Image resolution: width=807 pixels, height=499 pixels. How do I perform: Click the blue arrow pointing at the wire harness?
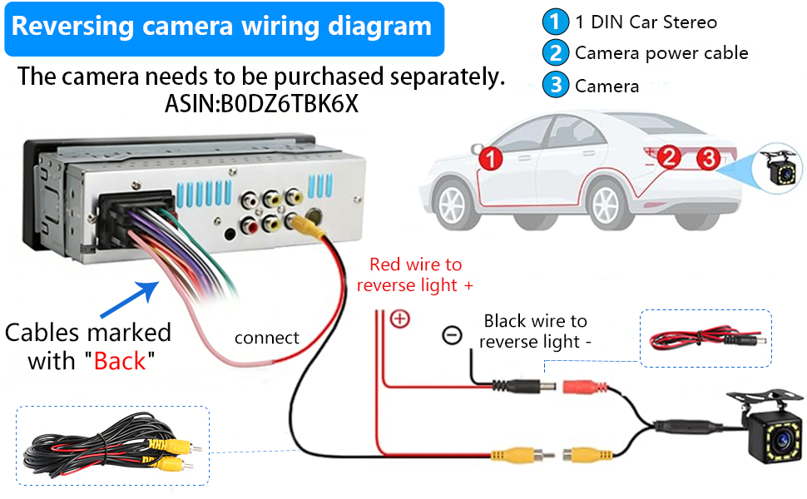tap(130, 299)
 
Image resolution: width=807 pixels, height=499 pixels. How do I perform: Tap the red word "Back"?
tap(120, 361)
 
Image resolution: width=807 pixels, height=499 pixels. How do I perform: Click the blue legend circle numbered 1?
tap(555, 22)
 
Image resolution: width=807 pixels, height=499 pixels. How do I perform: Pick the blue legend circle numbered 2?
tap(555, 53)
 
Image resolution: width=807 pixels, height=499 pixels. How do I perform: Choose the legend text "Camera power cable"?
tap(661, 53)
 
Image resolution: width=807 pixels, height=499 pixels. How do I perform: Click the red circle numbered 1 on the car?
tap(491, 158)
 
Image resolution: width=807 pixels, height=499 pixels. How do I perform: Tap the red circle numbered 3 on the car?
tap(708, 158)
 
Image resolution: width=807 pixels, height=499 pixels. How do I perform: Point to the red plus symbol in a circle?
tap(400, 319)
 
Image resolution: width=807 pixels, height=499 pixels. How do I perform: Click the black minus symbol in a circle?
tap(452, 335)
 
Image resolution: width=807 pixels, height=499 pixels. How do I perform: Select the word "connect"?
tap(266, 338)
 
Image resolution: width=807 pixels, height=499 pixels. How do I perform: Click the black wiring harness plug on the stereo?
tap(135, 216)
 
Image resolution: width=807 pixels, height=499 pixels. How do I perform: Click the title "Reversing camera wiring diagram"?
tap(221, 27)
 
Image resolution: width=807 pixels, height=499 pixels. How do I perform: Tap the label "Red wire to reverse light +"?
tap(415, 274)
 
